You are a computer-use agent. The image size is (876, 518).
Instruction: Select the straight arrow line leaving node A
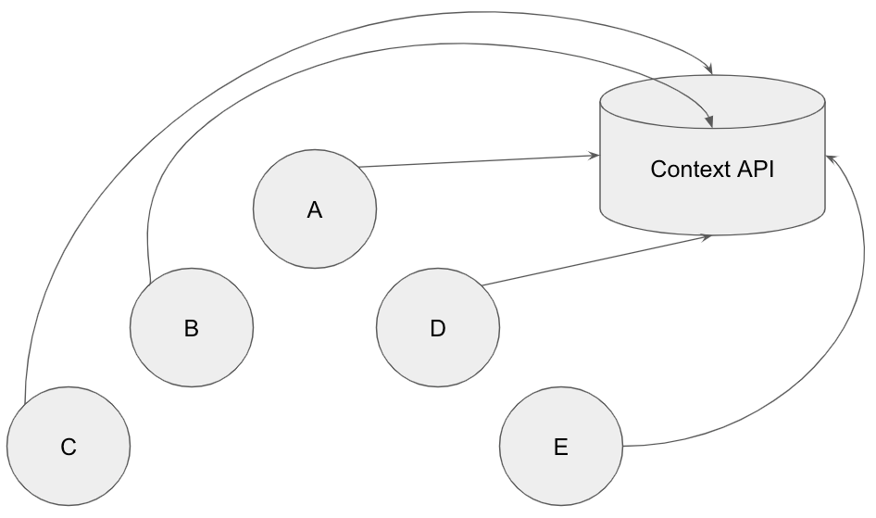[477, 161]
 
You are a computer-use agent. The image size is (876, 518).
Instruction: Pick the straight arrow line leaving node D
[593, 260]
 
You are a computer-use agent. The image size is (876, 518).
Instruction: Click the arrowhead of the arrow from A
[594, 156]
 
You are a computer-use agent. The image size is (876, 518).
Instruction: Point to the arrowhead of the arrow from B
[709, 121]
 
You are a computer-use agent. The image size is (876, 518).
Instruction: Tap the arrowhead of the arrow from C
[710, 69]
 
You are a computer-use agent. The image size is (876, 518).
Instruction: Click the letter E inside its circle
[561, 448]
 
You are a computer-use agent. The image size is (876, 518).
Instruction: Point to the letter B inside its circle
[192, 328]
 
